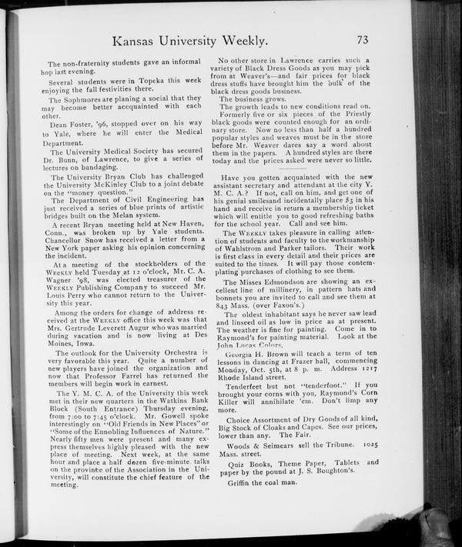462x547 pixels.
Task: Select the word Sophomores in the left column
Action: pyautogui.click(x=87, y=100)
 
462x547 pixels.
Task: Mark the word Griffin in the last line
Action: pyautogui.click(x=236, y=504)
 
